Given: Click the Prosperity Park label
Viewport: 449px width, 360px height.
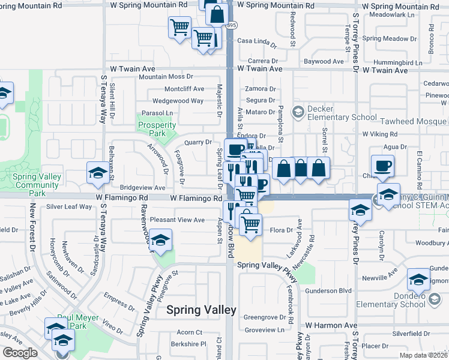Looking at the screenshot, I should [157, 129].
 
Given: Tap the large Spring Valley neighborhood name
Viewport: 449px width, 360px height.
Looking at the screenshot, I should [201, 310].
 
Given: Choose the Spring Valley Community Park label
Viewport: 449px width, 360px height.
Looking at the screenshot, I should [37, 185].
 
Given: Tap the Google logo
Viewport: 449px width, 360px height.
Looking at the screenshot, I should [20, 353].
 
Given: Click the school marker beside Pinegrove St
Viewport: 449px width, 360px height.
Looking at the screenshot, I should [160, 241].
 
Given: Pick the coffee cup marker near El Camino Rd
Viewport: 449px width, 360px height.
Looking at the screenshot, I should [382, 166].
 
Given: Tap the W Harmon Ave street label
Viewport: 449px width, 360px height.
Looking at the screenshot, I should [330, 325].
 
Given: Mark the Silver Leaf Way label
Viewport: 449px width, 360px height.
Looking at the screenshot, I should [69, 206].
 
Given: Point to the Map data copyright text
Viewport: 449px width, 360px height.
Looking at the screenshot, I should [424, 355].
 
